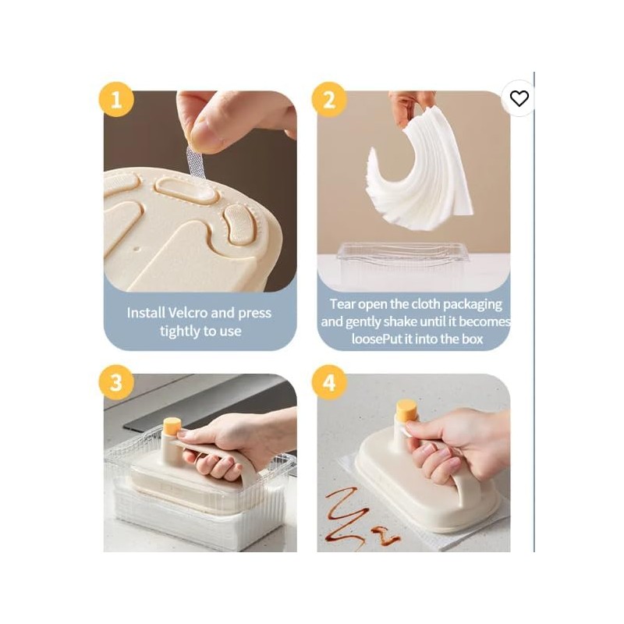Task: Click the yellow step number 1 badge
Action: [x=116, y=101]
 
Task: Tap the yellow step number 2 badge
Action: [x=329, y=101]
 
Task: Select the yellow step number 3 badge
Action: [x=116, y=382]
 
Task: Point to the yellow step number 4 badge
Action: [x=329, y=382]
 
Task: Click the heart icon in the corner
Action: [x=519, y=98]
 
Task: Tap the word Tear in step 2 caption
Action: [x=343, y=304]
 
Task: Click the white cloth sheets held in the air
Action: [x=421, y=172]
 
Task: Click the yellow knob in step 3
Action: [x=172, y=426]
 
